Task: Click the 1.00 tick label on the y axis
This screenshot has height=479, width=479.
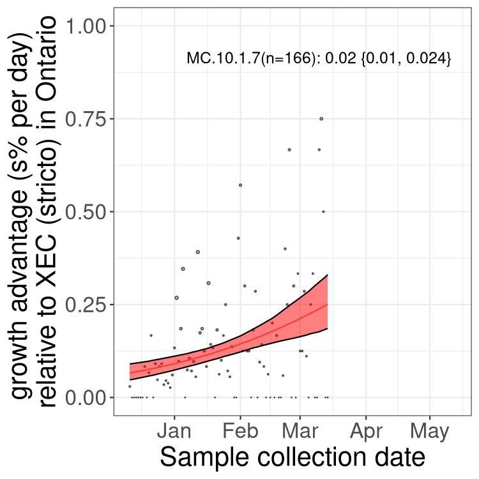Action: click(x=85, y=26)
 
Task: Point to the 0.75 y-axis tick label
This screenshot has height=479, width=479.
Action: click(x=85, y=119)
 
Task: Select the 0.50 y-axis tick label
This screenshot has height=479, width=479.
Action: click(x=85, y=211)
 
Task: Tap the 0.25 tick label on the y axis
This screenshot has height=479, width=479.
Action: click(x=85, y=305)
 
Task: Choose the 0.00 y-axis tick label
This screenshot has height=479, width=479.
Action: click(x=85, y=397)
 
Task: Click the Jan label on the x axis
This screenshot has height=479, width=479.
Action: click(x=174, y=431)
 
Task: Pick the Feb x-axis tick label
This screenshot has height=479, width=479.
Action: click(x=240, y=431)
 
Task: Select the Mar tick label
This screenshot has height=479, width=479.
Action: click(x=300, y=431)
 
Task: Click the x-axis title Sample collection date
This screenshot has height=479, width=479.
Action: click(x=293, y=457)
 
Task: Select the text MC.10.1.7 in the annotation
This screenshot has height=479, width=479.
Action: click(x=224, y=57)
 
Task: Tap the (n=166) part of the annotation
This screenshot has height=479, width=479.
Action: click(x=288, y=58)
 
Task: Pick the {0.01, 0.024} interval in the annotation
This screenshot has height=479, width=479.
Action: click(x=406, y=58)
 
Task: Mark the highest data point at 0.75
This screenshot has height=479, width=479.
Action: click(x=321, y=119)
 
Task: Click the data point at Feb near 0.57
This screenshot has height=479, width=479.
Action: click(x=240, y=185)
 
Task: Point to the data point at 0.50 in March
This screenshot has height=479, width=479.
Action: click(x=324, y=211)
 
